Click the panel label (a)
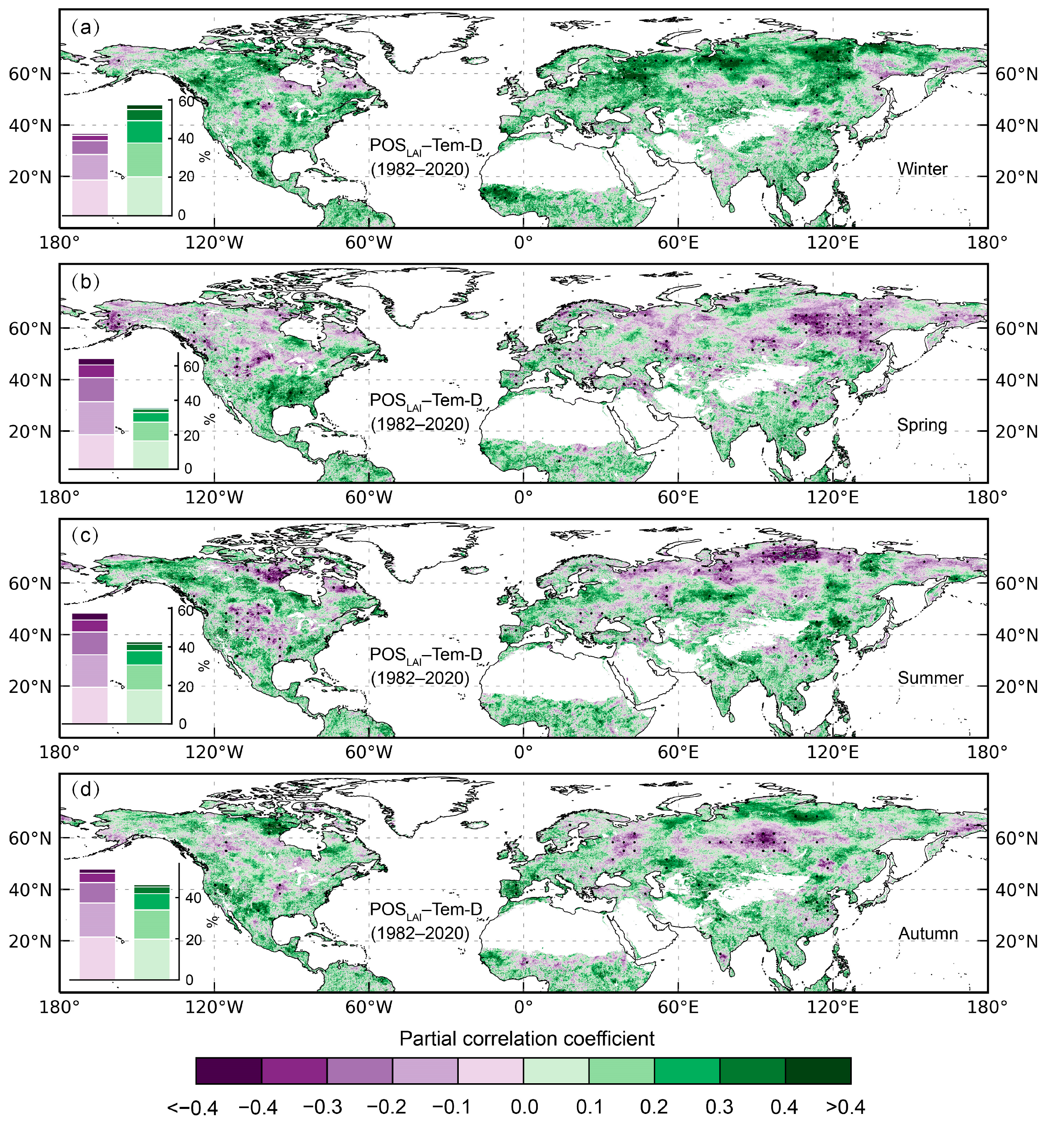tap(86, 27)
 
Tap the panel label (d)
tap(86, 789)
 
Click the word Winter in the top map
tap(922, 169)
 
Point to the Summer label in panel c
tap(930, 678)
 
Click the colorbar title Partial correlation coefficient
tap(527, 1038)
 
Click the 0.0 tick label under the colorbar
tap(524, 1106)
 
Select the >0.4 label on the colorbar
tap(845, 1106)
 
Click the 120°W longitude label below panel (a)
tap(215, 243)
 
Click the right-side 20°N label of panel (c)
tap(1016, 687)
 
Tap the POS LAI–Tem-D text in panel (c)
tap(426, 655)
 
